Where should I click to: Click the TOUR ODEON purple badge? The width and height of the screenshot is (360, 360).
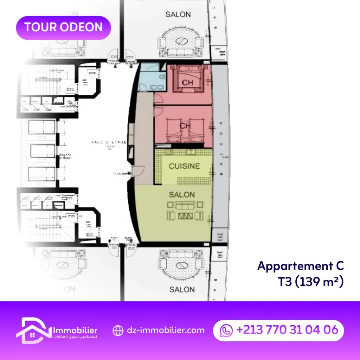[64, 28]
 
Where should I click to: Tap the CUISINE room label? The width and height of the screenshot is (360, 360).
[184, 166]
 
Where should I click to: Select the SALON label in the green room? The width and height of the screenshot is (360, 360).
[182, 194]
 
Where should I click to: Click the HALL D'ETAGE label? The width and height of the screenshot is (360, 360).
[109, 142]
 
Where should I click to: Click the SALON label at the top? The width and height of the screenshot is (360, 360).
[178, 14]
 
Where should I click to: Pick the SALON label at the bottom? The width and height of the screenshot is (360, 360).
[182, 289]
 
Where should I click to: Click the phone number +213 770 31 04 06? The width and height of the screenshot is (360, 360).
[287, 330]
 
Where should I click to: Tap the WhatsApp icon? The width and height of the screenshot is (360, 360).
[226, 330]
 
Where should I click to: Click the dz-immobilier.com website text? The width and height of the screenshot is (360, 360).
[166, 330]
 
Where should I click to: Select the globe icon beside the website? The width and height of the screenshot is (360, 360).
[118, 330]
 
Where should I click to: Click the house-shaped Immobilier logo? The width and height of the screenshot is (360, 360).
[33, 330]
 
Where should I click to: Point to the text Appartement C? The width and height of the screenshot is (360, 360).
[301, 266]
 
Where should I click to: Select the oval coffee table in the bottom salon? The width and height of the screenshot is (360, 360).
[182, 265]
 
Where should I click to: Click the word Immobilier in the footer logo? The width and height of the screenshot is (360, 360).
[75, 331]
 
